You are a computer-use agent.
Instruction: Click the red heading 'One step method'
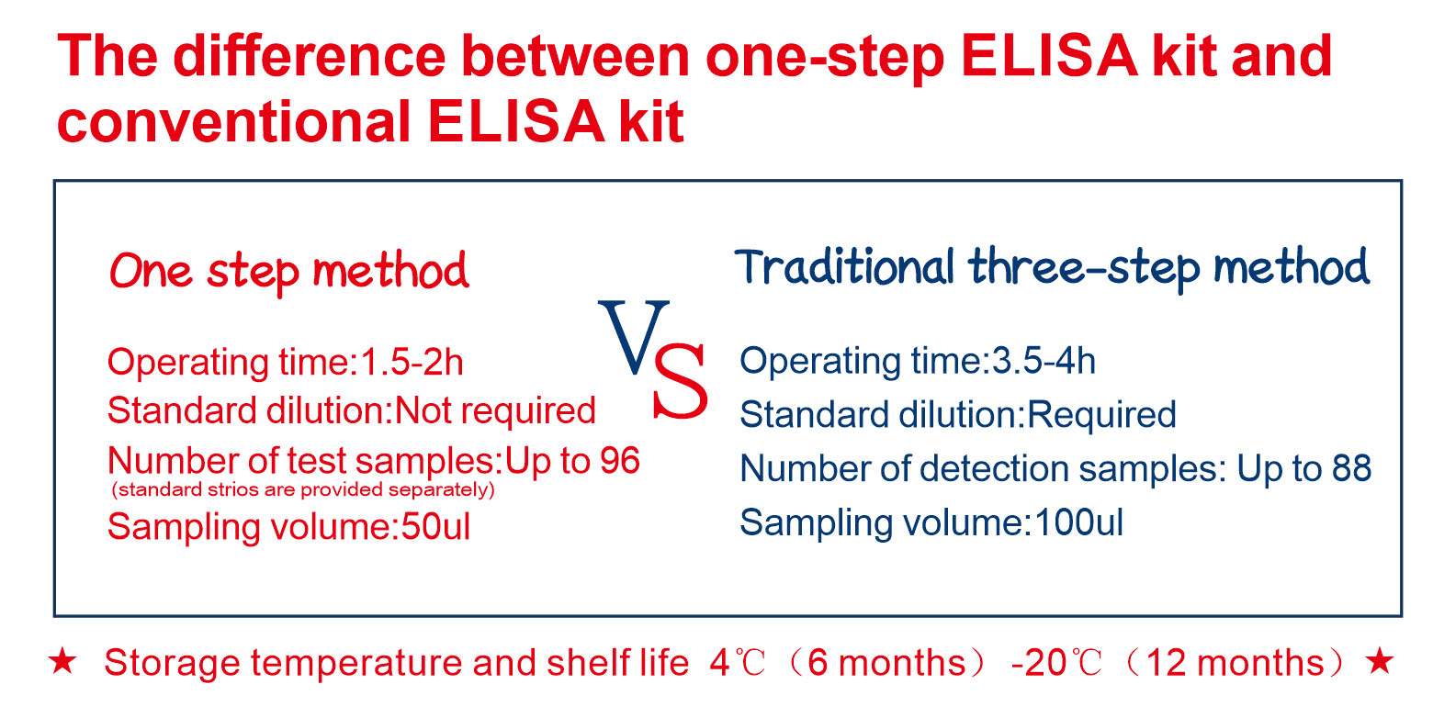(288, 272)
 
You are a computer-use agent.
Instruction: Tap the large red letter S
(680, 383)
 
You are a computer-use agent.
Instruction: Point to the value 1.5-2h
(409, 364)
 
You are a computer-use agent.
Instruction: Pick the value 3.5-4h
(1044, 362)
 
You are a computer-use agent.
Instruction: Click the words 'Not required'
(495, 410)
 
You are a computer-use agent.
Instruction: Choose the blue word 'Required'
(1101, 415)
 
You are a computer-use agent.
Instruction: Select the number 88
(1351, 468)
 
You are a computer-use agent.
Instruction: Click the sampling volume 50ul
(435, 527)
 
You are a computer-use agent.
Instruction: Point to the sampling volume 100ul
(1079, 522)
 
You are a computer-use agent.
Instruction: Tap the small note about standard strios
(303, 490)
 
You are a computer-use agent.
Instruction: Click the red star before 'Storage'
(62, 662)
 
